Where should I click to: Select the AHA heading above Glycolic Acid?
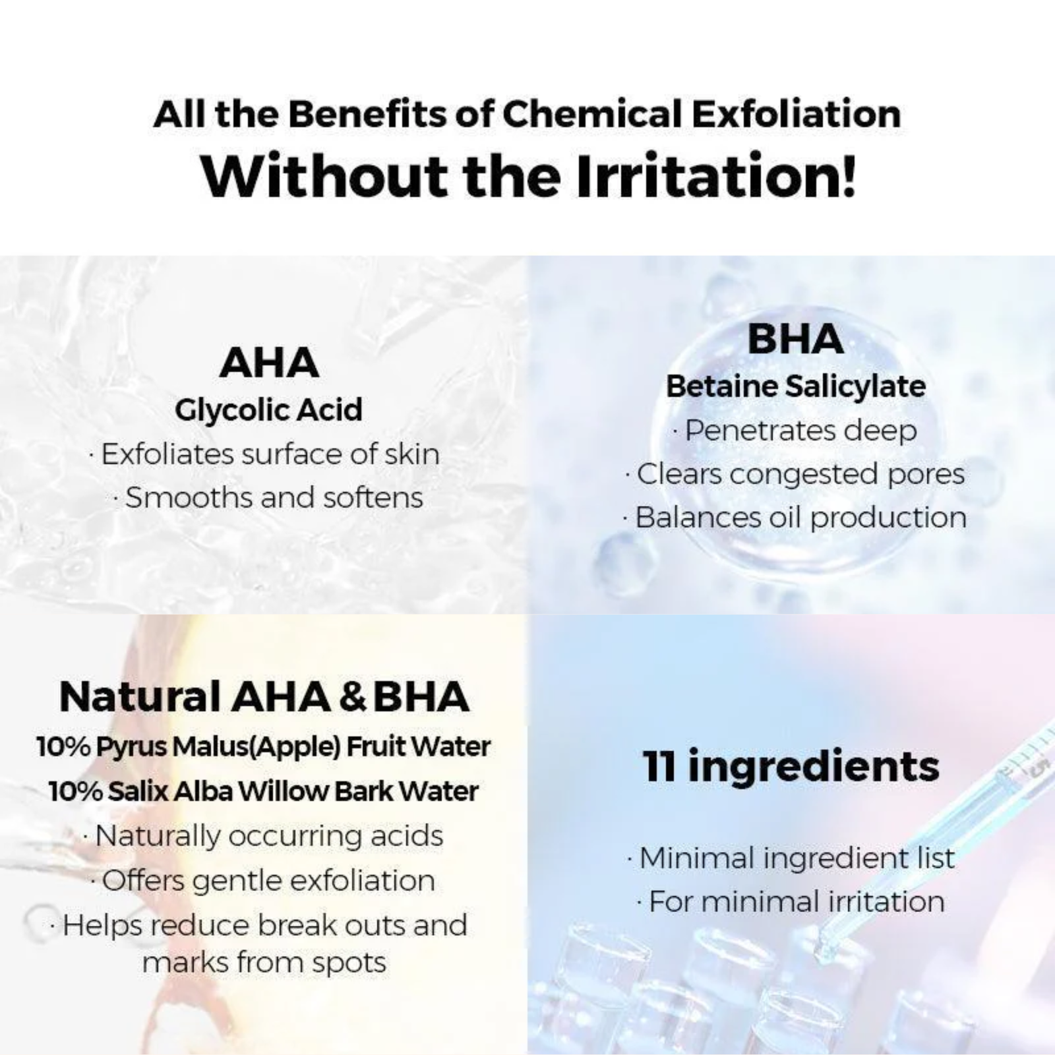[x=269, y=363]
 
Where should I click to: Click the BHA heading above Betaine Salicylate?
[x=795, y=339]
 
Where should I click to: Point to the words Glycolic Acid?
[x=269, y=410]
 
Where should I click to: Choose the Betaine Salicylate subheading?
[x=796, y=386]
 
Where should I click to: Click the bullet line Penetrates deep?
[x=795, y=431]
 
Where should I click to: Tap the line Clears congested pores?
[x=795, y=474]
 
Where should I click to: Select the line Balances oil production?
[x=795, y=518]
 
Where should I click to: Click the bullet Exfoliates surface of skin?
[x=264, y=454]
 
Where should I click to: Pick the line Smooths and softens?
[x=268, y=498]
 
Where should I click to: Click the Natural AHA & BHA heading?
[x=264, y=697]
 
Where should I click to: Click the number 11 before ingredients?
[x=659, y=766]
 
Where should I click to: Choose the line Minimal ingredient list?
[x=791, y=859]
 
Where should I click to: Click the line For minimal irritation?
[x=791, y=901]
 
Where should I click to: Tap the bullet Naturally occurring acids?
[x=264, y=836]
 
